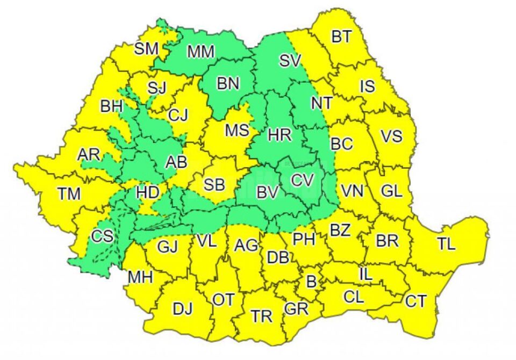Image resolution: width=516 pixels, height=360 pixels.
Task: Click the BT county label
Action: (x=341, y=37)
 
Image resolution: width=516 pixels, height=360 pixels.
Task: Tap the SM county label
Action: (x=146, y=49)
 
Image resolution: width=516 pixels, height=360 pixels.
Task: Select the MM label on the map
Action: (x=201, y=52)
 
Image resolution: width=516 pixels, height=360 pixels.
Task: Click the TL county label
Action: (x=446, y=244)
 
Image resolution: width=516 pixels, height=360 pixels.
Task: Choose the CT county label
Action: (x=415, y=301)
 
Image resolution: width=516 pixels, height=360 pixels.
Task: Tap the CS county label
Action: (x=102, y=237)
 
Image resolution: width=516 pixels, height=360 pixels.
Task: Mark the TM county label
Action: (x=69, y=194)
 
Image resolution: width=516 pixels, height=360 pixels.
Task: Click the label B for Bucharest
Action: (x=310, y=280)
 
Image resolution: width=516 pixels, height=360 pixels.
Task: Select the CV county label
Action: (x=302, y=181)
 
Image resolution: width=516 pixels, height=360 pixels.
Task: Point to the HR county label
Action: (x=279, y=135)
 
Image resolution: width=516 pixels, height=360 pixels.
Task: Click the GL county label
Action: (x=391, y=190)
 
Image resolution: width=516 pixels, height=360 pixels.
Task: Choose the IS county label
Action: (x=368, y=86)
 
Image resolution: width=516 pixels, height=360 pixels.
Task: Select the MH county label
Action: (x=140, y=277)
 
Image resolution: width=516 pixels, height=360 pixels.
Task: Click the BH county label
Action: (x=111, y=106)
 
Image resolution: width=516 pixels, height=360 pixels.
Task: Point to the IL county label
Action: (x=365, y=274)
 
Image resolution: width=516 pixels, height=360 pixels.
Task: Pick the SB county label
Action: (x=214, y=184)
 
